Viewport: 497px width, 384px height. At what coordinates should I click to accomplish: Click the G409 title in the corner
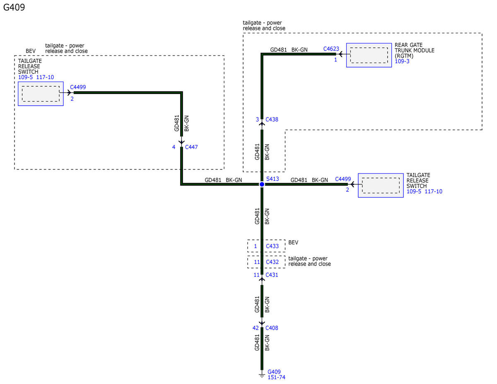pos(14,7)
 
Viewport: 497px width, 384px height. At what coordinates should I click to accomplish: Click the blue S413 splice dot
pos(262,184)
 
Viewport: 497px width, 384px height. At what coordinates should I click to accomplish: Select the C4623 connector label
pos(331,49)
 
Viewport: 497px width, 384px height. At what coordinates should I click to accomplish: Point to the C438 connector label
pos(272,119)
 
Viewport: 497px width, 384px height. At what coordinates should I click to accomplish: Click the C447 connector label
pos(191,147)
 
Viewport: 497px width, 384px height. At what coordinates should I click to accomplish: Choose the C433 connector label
pos(272,246)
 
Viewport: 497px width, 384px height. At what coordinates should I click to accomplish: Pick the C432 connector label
pos(272,262)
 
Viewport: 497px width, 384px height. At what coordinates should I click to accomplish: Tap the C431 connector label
pos(272,275)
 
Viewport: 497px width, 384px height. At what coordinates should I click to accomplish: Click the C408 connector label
pos(272,328)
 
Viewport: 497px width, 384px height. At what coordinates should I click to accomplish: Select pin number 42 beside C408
pos(256,328)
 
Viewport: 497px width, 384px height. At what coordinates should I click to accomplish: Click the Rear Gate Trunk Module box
pos(369,55)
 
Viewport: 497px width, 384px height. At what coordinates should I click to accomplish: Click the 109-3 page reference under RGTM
pos(402,61)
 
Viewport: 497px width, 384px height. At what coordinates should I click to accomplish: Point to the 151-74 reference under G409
pos(277,377)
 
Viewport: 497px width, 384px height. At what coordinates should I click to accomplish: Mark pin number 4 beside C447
pos(174,147)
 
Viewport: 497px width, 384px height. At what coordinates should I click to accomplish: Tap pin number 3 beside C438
pos(257,119)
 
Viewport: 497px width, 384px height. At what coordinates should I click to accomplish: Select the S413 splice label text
pos(273,179)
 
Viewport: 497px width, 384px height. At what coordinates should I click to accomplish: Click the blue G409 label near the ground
pos(274,372)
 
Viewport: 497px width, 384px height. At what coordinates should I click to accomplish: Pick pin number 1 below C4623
pos(335,60)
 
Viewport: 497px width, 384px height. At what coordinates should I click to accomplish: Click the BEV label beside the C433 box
pos(293,242)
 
